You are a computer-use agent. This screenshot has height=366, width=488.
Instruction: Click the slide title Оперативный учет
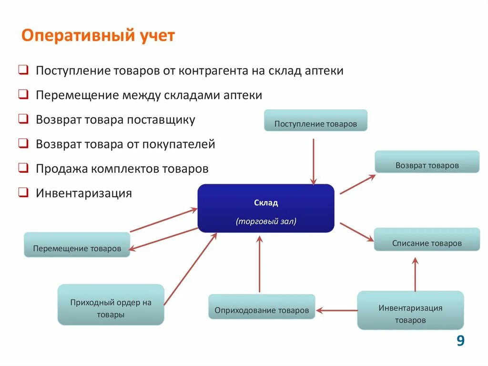99,36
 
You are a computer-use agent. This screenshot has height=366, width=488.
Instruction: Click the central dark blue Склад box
266,209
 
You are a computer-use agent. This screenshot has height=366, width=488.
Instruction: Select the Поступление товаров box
315,120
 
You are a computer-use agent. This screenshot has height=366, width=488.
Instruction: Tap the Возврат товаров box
427,162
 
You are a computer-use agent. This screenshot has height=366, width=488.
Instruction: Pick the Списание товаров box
427,240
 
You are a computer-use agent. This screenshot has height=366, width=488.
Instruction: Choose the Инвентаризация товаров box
410,310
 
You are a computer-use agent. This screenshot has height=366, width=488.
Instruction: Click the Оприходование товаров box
262,307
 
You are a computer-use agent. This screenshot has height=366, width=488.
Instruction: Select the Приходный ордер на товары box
111,305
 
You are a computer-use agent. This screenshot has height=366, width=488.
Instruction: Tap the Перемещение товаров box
77,245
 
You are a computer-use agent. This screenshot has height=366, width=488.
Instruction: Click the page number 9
460,341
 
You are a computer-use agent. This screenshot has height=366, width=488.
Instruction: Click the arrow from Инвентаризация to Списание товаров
415,274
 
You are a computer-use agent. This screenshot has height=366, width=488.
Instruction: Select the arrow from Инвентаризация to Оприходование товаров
336,311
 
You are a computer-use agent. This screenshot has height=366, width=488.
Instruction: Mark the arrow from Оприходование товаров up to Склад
259,265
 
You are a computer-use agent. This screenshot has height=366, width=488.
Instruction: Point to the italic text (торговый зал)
266,221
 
